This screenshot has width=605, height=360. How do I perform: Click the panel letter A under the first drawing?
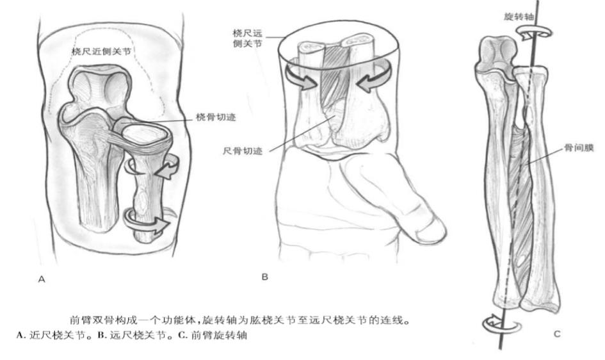(x=42, y=279)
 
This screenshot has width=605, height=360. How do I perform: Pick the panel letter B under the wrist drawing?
(x=264, y=277)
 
